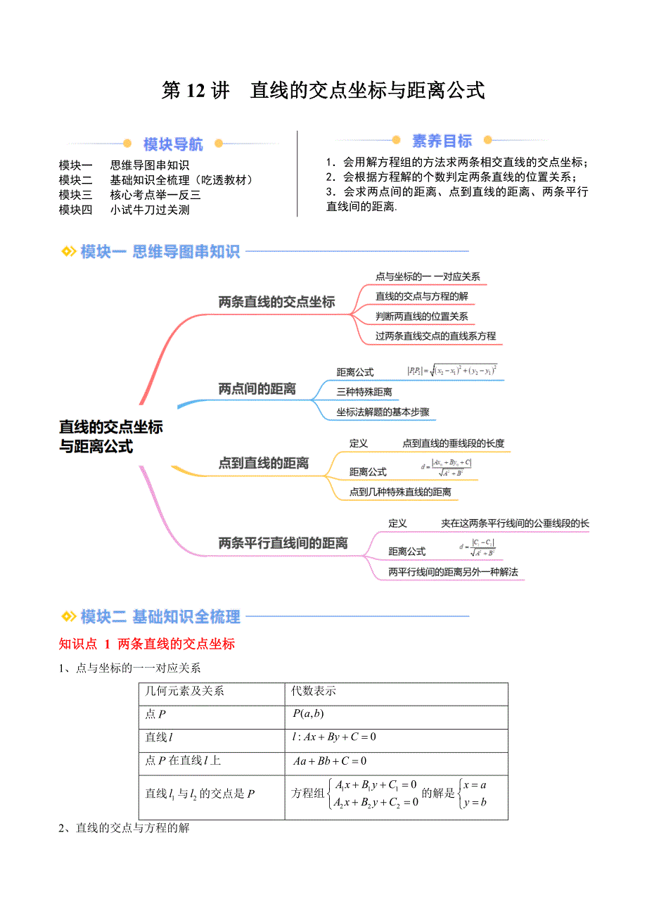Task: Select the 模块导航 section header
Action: click(x=173, y=145)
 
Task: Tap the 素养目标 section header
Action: click(x=442, y=141)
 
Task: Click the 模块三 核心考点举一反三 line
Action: click(x=130, y=195)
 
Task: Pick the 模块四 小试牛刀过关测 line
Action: click(x=124, y=209)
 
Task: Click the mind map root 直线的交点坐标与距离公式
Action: click(x=110, y=436)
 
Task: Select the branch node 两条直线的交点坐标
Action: click(x=276, y=303)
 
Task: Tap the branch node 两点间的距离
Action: click(x=257, y=389)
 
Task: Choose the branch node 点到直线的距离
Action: click(x=263, y=463)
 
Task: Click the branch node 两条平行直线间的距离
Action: click(x=283, y=543)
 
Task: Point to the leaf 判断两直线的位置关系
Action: click(x=421, y=317)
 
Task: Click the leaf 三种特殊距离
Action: click(x=364, y=392)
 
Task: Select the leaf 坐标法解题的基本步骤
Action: click(x=383, y=412)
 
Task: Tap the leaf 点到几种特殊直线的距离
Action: click(x=400, y=492)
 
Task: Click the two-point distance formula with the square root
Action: click(x=452, y=370)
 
